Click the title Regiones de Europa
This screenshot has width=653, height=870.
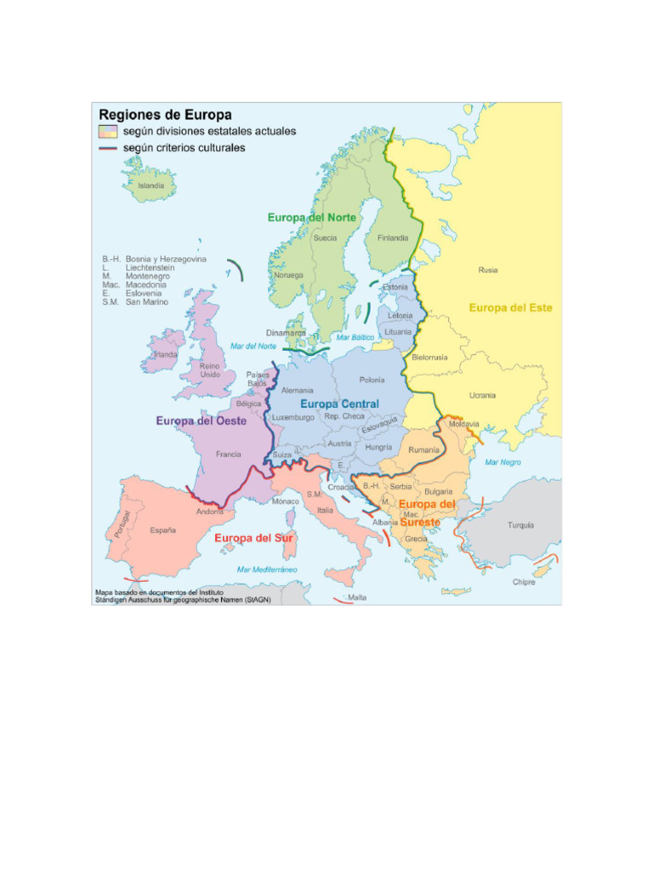pyautogui.click(x=166, y=114)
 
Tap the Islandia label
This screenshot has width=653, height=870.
pyautogui.click(x=151, y=185)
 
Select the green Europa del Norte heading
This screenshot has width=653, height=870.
pyautogui.click(x=312, y=217)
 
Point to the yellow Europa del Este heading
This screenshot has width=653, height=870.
pyautogui.click(x=511, y=308)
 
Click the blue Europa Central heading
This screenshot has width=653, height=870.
pyautogui.click(x=339, y=404)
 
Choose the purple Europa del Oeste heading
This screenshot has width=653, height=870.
pyautogui.click(x=201, y=421)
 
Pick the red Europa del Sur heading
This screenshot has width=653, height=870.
pyautogui.click(x=253, y=538)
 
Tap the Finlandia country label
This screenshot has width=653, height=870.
pyautogui.click(x=393, y=238)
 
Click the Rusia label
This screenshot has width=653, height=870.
pyautogui.click(x=488, y=270)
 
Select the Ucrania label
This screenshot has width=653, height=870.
pyautogui.click(x=482, y=395)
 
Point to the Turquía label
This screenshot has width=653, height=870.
pyautogui.click(x=521, y=525)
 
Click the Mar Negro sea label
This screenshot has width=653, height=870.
pyautogui.click(x=503, y=462)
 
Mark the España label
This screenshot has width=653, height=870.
pyautogui.click(x=163, y=530)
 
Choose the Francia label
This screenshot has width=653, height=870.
pyautogui.click(x=228, y=455)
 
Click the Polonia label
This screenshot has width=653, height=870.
pyautogui.click(x=372, y=380)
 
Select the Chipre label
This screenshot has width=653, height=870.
pyautogui.click(x=524, y=582)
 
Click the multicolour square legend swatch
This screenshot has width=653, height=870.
pyautogui.click(x=107, y=132)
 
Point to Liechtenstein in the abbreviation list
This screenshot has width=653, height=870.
pyautogui.click(x=150, y=268)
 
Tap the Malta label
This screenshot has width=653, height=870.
pyautogui.click(x=357, y=597)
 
